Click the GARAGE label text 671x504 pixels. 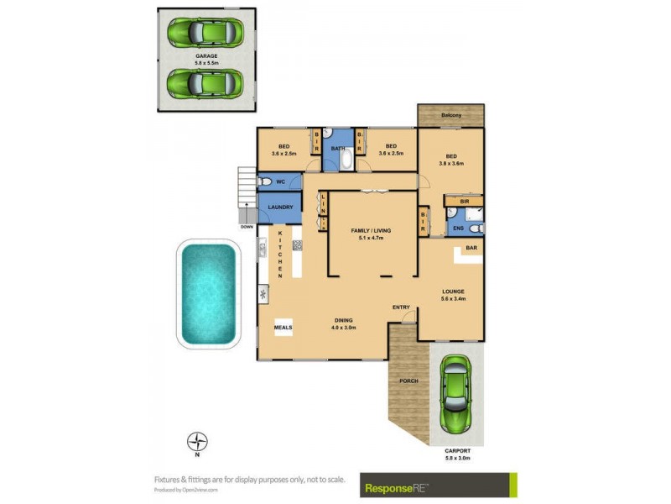point(206,56)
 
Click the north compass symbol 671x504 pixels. point(197,441)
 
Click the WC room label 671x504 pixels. point(281,181)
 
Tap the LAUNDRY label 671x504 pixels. point(280,207)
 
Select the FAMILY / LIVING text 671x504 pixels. point(372,230)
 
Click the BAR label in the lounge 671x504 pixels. point(471,249)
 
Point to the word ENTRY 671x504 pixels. point(401,307)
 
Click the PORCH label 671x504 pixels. point(408,381)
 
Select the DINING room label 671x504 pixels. point(342,320)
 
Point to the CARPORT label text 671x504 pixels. point(456,450)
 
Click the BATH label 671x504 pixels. point(338,149)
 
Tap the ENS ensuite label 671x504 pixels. point(458,227)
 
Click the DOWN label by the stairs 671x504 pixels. point(246,227)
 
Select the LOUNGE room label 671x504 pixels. point(454,291)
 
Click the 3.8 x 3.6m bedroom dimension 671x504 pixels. point(451,163)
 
